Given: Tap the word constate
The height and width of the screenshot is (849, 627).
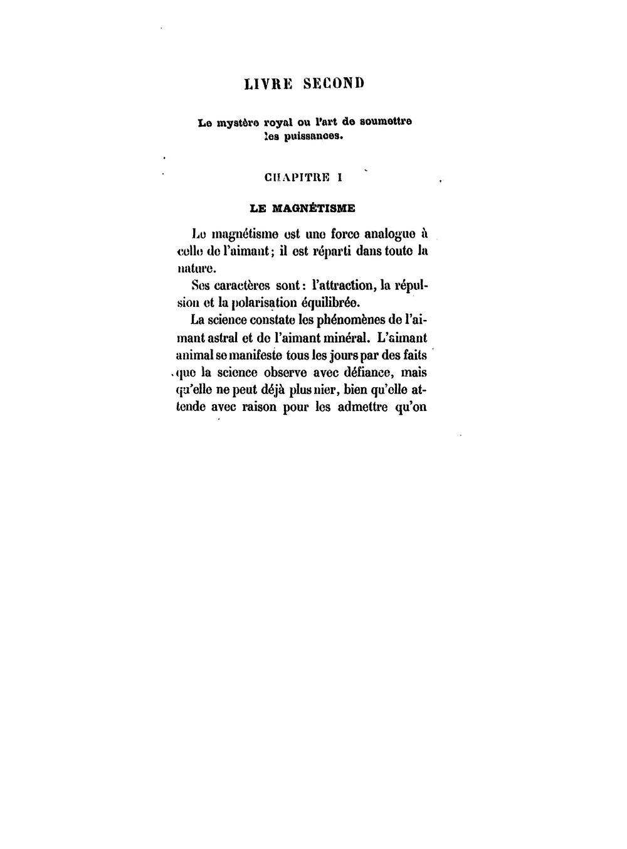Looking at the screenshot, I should (x=270, y=319).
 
